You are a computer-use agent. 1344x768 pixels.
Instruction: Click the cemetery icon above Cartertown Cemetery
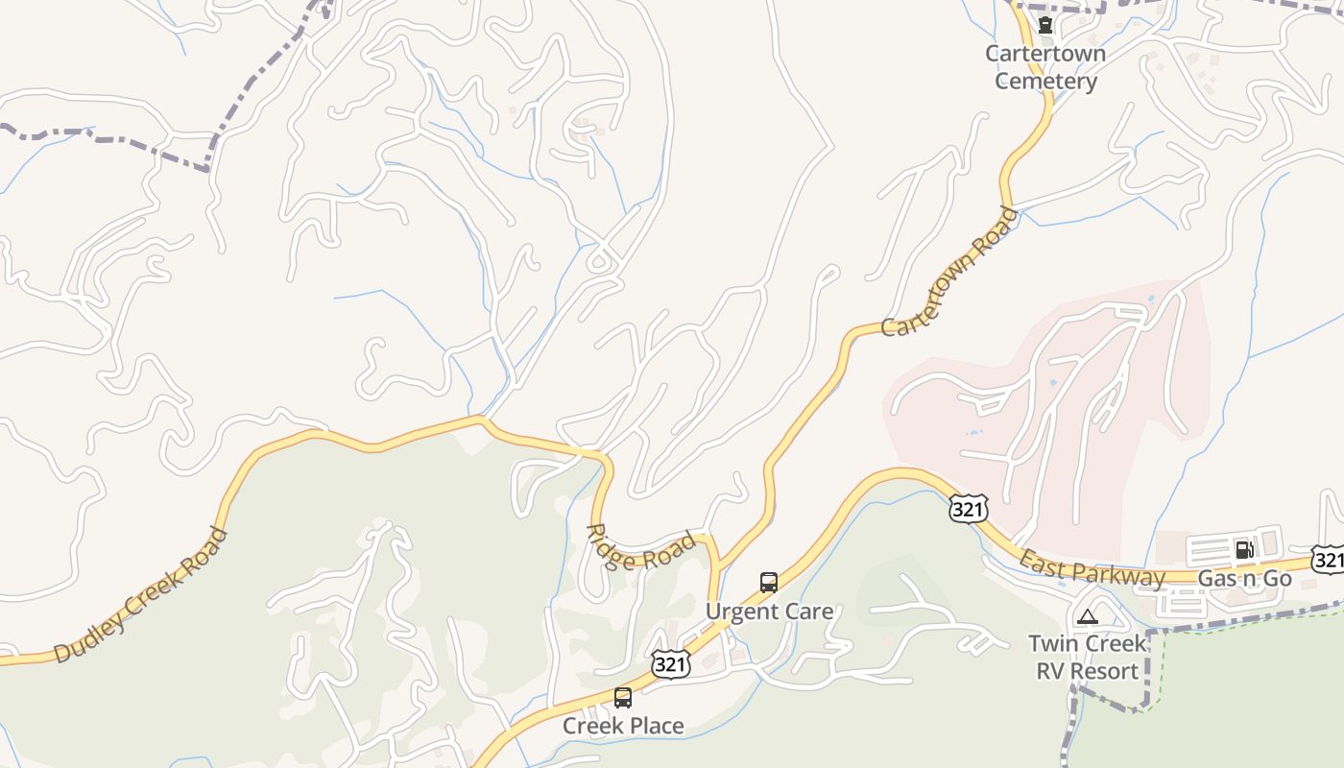click(x=1045, y=26)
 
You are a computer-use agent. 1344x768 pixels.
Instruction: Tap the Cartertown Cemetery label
click(x=1045, y=67)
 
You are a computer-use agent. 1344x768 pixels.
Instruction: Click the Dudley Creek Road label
click(x=141, y=596)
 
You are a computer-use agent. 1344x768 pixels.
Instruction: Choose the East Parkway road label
click(x=1092, y=568)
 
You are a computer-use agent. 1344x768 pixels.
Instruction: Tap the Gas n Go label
click(x=1244, y=578)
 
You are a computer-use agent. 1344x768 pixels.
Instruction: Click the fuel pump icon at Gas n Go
click(x=1244, y=549)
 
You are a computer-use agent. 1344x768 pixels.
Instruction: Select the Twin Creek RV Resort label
click(x=1087, y=657)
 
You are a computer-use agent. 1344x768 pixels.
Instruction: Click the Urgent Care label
click(x=769, y=612)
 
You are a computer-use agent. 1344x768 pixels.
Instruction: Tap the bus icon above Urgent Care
click(x=769, y=582)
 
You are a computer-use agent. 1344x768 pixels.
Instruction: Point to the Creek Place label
click(x=623, y=726)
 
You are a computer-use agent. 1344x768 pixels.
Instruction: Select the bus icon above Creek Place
click(x=623, y=698)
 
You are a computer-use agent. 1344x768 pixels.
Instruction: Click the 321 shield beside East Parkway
click(x=967, y=509)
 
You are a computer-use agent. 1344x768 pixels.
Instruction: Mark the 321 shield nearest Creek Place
click(x=669, y=663)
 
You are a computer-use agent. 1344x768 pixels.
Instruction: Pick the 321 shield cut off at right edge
click(x=1330, y=560)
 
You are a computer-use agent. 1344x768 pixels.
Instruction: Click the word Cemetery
click(x=1045, y=81)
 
